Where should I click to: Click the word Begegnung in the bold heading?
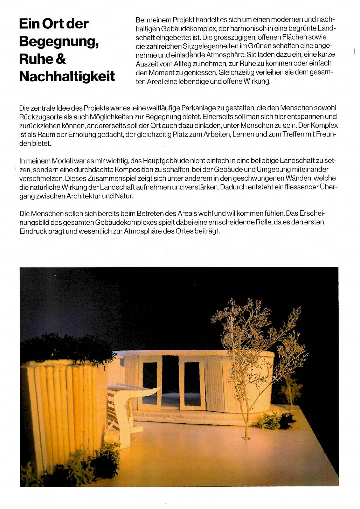[58, 42]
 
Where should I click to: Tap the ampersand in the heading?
[60, 58]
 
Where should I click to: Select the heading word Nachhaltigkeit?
[67, 76]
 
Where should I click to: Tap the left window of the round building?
[150, 384]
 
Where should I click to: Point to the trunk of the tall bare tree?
[247, 406]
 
